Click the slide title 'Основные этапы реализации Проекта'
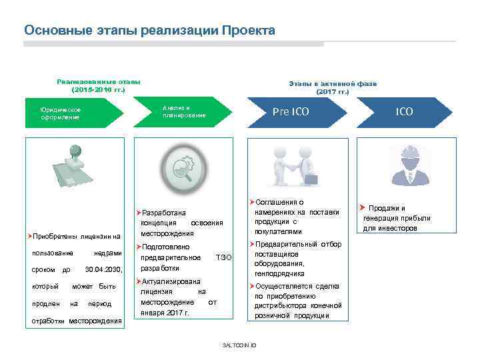[x=149, y=31]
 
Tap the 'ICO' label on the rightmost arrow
[x=404, y=111]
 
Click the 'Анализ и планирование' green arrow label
[x=184, y=112]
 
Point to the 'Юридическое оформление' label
[x=61, y=113]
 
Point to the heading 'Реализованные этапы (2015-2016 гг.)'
[x=98, y=85]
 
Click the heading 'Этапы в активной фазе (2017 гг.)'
[x=333, y=87]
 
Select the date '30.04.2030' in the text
[x=104, y=269]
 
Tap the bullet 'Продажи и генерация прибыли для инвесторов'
[x=396, y=218]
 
